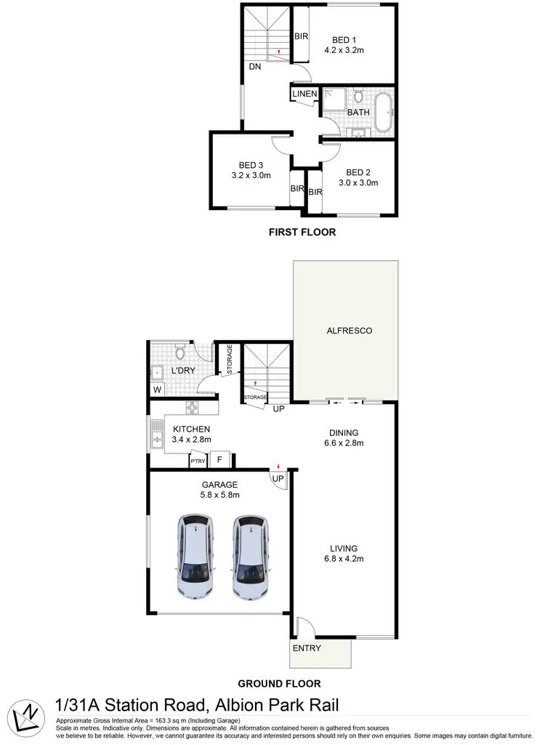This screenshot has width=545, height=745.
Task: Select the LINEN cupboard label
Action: [304, 94]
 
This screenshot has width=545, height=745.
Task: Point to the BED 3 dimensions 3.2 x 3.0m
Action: [251, 175]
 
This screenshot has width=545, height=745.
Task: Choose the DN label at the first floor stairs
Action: [254, 66]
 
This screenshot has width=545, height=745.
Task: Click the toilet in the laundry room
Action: [180, 353]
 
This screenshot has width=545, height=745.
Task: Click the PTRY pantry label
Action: [197, 461]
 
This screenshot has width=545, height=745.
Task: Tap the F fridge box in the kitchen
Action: [220, 460]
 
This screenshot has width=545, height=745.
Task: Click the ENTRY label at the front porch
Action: [306, 648]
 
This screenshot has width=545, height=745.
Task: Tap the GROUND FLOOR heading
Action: [279, 683]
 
